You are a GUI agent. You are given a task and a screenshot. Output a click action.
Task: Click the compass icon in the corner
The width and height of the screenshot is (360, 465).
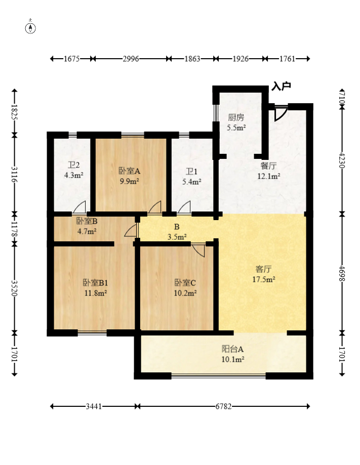pyautogui.click(x=30, y=27)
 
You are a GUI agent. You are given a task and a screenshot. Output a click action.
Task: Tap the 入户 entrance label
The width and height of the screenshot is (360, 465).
pyautogui.click(x=281, y=87)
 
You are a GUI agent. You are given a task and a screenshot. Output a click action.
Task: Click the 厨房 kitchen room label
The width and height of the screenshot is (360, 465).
pyautogui.click(x=236, y=117)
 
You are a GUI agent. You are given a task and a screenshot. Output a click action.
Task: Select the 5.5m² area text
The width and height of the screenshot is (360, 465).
pyautogui.click(x=236, y=128)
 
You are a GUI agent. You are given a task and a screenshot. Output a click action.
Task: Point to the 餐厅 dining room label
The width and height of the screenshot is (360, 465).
pyautogui.click(x=268, y=166)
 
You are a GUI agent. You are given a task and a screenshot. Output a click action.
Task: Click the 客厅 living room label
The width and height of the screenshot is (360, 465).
pyautogui.click(x=264, y=269)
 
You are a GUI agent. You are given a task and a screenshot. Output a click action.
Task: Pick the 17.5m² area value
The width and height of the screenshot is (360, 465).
pyautogui.click(x=264, y=279)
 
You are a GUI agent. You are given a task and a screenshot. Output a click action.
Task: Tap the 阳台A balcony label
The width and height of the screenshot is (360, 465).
pyautogui.click(x=233, y=349)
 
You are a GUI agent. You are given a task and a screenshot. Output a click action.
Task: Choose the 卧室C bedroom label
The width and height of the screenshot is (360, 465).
pyautogui.click(x=185, y=283)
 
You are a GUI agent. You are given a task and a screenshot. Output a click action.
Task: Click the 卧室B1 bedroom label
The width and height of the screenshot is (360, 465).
pyautogui.click(x=96, y=283)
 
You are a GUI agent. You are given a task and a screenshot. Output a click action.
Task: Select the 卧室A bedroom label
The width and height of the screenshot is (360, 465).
pyautogui.click(x=130, y=171)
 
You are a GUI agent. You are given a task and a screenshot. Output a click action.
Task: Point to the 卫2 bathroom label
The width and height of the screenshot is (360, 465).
pyautogui.click(x=73, y=165)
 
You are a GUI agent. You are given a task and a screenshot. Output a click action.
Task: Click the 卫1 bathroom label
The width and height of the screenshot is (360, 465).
pyautogui.click(x=191, y=172)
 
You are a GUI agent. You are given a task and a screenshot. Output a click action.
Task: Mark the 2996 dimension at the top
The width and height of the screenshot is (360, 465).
pyautogui.click(x=131, y=59)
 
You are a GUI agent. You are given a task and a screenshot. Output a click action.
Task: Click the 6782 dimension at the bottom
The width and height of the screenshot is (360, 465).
pyautogui.click(x=223, y=406)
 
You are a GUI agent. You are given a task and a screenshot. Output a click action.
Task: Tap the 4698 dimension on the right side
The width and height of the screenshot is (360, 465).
pyautogui.click(x=342, y=273)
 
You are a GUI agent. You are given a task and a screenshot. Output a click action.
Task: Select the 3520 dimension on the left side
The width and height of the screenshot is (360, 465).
pyautogui.click(x=14, y=288)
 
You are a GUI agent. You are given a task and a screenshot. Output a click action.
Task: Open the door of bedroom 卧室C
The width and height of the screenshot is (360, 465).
pyautogui.click(x=198, y=250)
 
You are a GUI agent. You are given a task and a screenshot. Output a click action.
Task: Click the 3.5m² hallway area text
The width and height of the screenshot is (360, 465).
pyautogui.click(x=177, y=237)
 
